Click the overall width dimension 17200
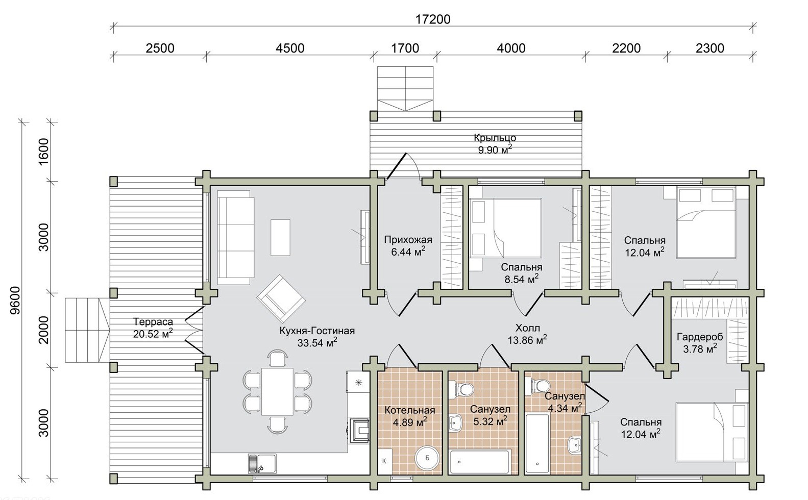tap(432, 19)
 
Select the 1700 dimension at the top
tap(405, 48)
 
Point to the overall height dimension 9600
tap(15, 301)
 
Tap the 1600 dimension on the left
tap(43, 152)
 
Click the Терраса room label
tap(153, 321)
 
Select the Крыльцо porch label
tap(495, 138)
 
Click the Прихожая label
tap(408, 240)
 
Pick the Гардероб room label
tap(700, 337)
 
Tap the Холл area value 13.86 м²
tap(527, 340)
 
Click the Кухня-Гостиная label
tap(317, 331)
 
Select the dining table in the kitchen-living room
tap(277, 391)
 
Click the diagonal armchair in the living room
tap(281, 299)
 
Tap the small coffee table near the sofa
tap(280, 238)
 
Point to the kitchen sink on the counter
tap(262, 463)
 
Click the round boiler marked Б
tap(427, 458)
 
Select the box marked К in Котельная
tap(384, 461)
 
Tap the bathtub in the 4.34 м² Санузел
tap(537, 443)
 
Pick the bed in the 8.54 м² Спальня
tap(505, 228)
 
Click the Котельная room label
tap(410, 410)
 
